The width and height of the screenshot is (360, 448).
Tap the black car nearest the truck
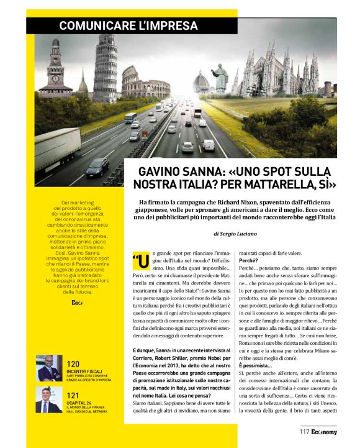(97, 167)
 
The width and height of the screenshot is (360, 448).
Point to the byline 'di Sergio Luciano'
(240, 233)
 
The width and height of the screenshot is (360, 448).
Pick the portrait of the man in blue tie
(49, 400)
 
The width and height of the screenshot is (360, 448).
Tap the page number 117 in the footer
(304, 430)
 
